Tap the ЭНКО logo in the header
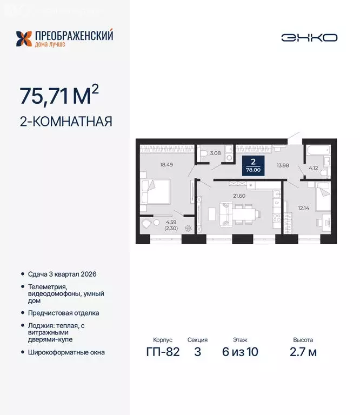click(x=309, y=37)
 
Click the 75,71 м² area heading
click(x=59, y=96)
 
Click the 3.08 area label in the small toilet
click(x=215, y=154)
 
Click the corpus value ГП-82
click(x=162, y=352)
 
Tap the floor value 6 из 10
click(x=241, y=352)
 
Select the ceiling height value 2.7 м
click(x=303, y=352)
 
